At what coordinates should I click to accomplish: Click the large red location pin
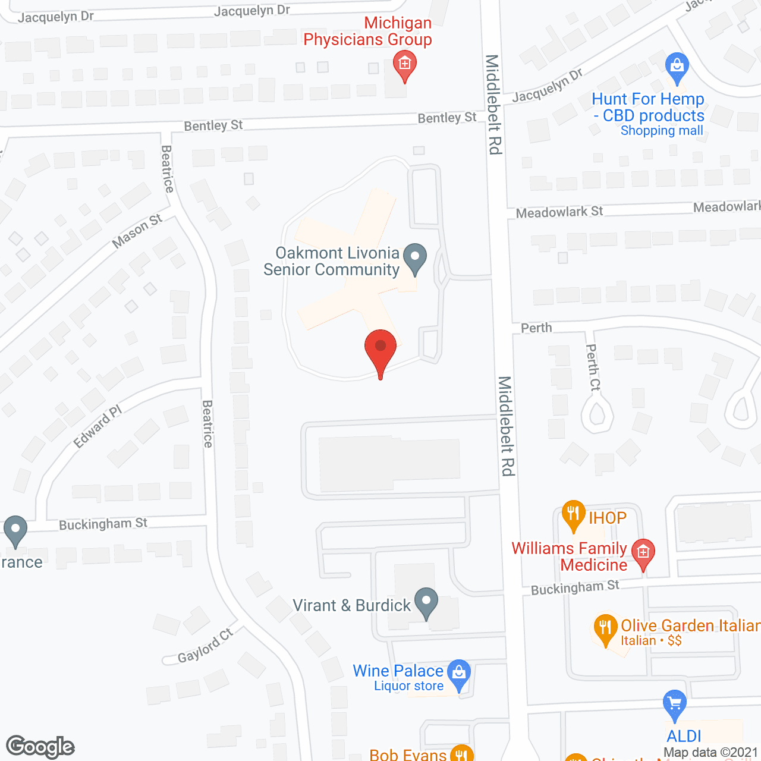click(x=380, y=351)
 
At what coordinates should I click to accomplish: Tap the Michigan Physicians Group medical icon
click(x=405, y=65)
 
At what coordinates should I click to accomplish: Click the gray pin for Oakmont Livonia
click(x=415, y=258)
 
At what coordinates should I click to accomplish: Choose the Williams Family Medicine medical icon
click(x=643, y=553)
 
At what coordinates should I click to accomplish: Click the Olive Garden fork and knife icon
click(x=605, y=628)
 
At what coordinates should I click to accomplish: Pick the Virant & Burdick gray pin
click(x=426, y=602)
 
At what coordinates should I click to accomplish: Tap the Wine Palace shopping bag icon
click(x=458, y=674)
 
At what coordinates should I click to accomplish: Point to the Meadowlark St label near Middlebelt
click(x=559, y=212)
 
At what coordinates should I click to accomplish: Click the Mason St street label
click(x=137, y=231)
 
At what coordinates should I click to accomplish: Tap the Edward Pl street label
click(x=98, y=426)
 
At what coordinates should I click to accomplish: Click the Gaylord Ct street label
click(x=205, y=646)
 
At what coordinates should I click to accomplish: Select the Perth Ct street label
click(x=593, y=367)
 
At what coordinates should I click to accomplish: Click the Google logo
click(x=40, y=747)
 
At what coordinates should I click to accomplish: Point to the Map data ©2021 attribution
click(x=710, y=753)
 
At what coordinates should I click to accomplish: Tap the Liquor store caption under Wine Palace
click(x=408, y=686)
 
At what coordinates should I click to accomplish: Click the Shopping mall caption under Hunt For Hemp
click(x=662, y=131)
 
